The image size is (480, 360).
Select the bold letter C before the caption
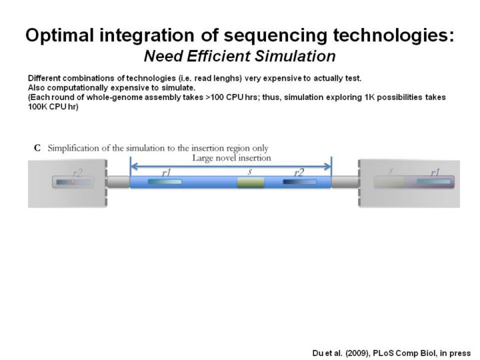click(x=38, y=148)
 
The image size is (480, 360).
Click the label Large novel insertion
click(x=231, y=158)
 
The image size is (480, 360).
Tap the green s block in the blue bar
click(x=251, y=182)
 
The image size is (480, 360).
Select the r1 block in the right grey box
click(x=433, y=181)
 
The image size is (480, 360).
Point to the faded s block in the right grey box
click(x=391, y=181)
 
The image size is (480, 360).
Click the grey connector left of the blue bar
click(x=117, y=182)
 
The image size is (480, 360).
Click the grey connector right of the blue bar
click(x=345, y=182)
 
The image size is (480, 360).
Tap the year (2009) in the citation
click(x=352, y=353)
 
